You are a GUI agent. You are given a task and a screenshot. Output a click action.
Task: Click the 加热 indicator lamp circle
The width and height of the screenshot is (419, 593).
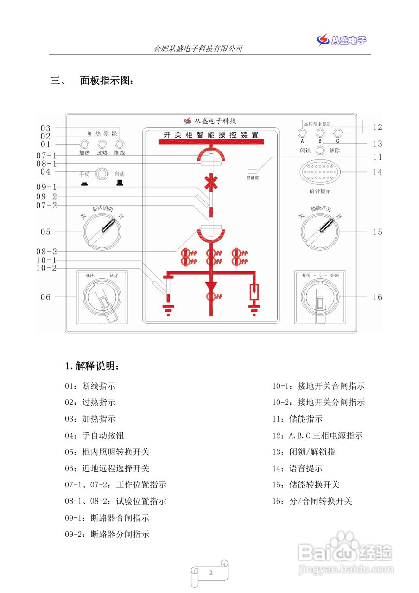coord(84,144)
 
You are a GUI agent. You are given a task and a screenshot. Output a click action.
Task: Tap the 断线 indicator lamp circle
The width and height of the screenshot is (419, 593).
coord(120,144)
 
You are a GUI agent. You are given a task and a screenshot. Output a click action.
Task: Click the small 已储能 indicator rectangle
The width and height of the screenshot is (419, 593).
coord(253,171)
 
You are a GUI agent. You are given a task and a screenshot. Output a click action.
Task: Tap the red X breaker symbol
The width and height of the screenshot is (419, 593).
coord(211,182)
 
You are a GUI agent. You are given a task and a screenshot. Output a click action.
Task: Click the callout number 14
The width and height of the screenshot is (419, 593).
coord(378,172)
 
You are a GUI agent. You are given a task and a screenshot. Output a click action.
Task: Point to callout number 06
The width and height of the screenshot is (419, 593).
coord(45,297)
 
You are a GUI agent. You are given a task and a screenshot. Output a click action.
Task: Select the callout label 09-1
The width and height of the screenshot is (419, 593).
coord(47,187)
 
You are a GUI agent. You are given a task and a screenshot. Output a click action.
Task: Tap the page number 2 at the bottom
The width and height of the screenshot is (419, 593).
coord(211,573)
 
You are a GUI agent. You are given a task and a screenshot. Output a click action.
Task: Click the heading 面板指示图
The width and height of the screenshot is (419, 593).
coord(107,81)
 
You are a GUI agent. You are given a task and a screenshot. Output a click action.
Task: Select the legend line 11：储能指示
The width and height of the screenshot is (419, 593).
coord(298,419)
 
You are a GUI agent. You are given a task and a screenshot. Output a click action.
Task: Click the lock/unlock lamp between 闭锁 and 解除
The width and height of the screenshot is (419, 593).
coord(320,150)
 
